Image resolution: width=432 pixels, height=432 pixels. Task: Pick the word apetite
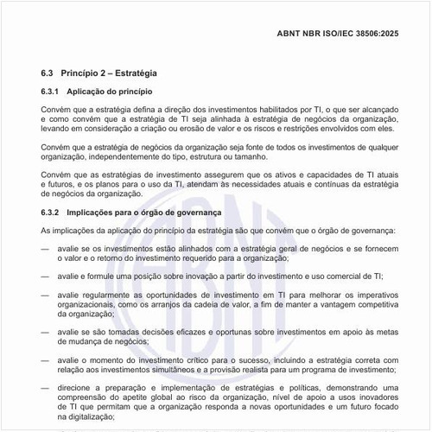(136, 399)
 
